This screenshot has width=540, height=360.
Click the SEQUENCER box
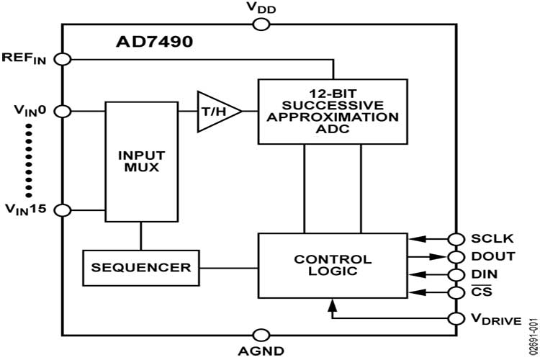pos(140,267)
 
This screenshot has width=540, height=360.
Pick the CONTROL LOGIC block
pos(332,265)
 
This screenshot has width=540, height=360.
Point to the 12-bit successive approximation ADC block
pos(332,111)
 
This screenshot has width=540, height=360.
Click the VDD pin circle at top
pos(261,25)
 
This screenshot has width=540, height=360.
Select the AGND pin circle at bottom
pos(261,335)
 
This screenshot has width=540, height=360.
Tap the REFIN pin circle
pos(62,59)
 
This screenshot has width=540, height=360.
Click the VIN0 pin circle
pos(62,111)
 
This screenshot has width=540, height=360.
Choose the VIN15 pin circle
pos(62,210)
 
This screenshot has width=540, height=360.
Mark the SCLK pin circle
pos(455,239)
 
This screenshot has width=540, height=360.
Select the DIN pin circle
pos(455,274)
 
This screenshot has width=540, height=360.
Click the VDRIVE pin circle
pos(455,318)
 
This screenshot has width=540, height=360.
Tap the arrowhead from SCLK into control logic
pos(412,239)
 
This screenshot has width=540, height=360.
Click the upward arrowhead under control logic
pos(332,306)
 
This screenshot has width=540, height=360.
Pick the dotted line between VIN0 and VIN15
pos(29,161)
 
